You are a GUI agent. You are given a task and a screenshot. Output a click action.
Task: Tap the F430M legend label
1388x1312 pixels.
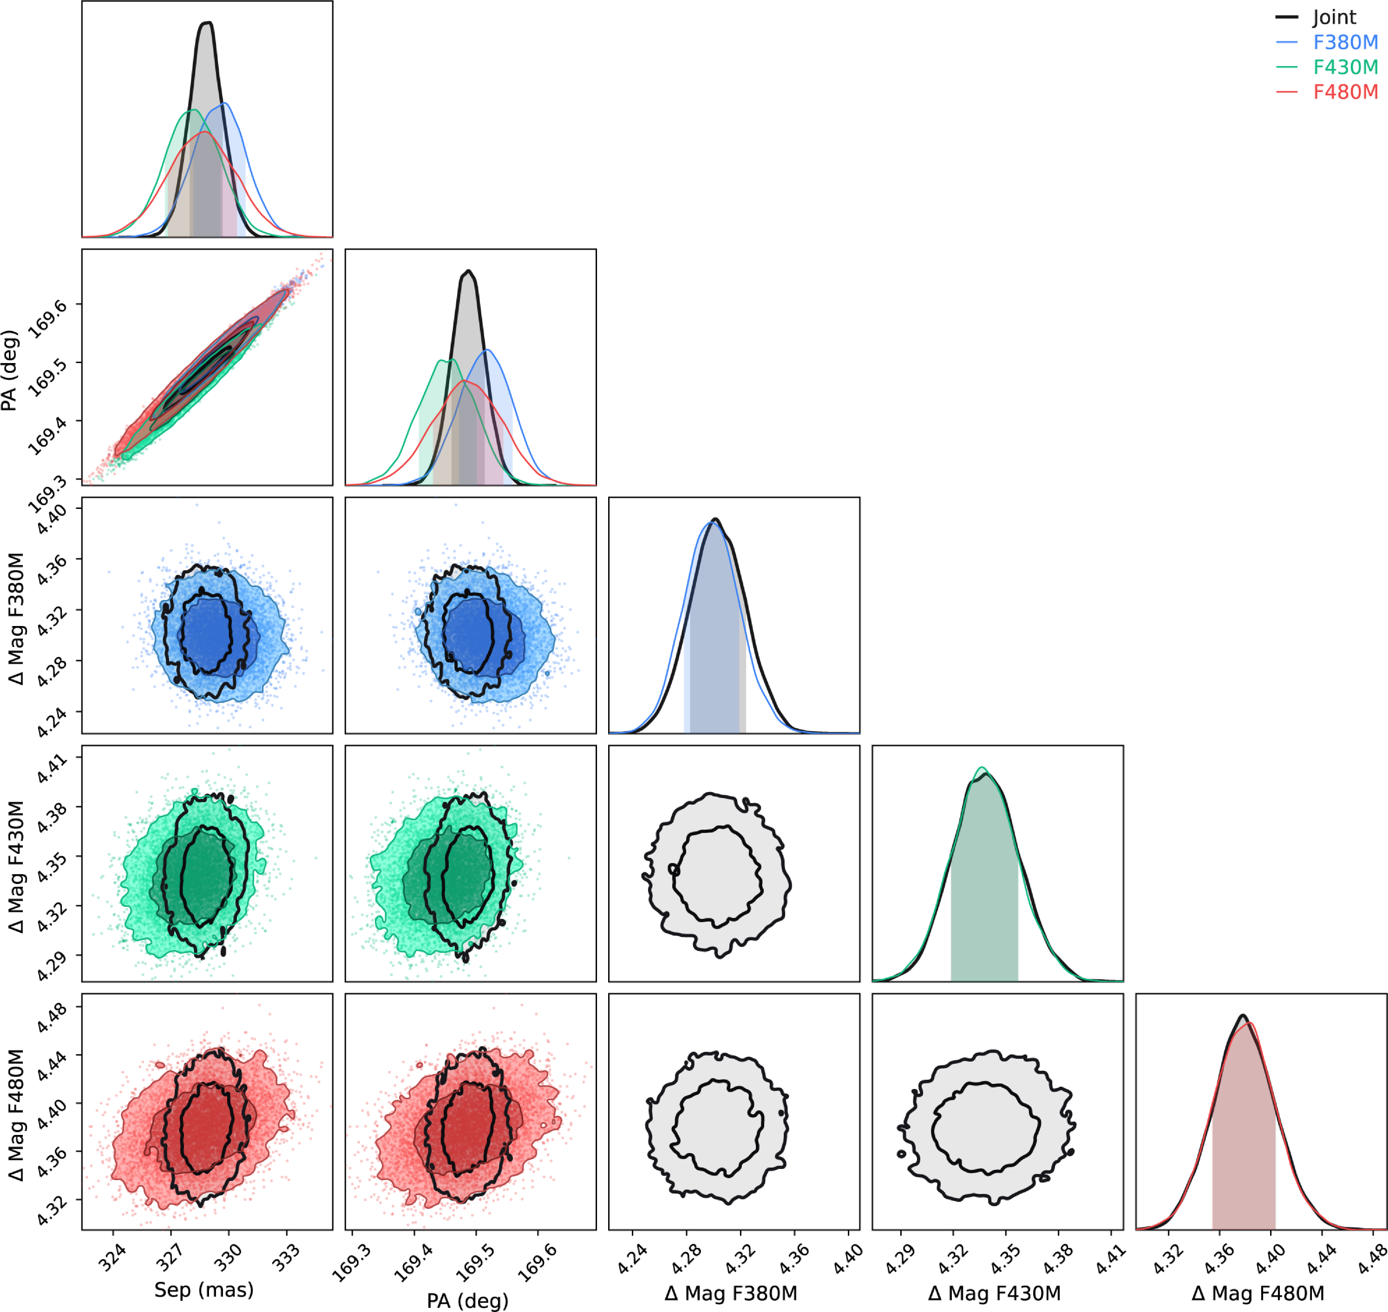(x=1345, y=67)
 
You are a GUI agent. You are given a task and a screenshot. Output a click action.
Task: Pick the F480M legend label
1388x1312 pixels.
(x=1345, y=92)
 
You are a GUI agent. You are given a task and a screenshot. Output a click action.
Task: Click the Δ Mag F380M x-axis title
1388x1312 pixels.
(x=731, y=1293)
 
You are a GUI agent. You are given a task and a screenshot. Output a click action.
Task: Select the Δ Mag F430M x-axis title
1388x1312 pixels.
(x=994, y=1293)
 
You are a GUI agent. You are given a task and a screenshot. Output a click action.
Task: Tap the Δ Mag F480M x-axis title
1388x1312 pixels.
(x=1258, y=1293)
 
